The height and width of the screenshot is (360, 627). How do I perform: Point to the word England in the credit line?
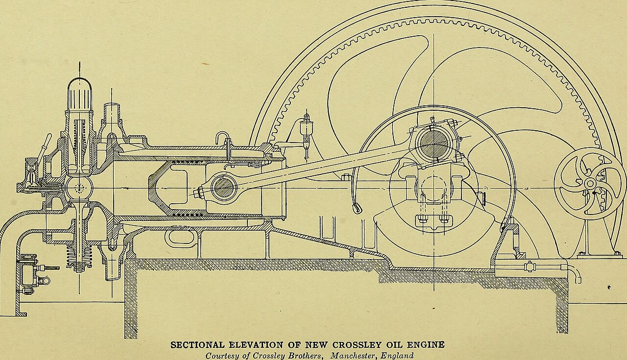pyautogui.click(x=398, y=356)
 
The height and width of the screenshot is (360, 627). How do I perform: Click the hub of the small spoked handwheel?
pyautogui.click(x=589, y=184)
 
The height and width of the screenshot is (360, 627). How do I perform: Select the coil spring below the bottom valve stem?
pyautogui.click(x=79, y=258)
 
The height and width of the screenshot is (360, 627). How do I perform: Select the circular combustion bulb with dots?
pyautogui.click(x=79, y=188)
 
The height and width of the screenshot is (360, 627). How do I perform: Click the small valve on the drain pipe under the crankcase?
pyautogui.click(x=530, y=266)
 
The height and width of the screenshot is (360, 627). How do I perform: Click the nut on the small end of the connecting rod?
pyautogui.click(x=199, y=193)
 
